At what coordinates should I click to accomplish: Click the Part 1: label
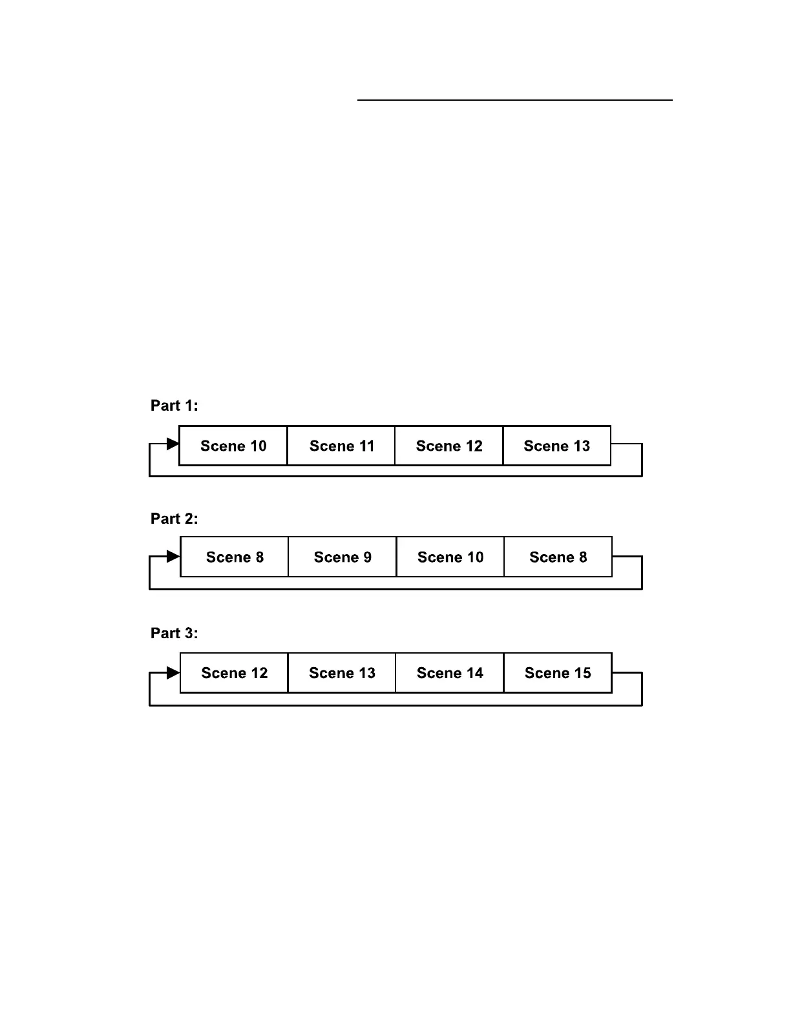[x=174, y=406]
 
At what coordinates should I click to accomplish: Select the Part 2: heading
[x=174, y=519]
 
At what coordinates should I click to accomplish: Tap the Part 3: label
[x=174, y=633]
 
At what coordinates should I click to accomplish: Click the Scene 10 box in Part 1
[x=233, y=446]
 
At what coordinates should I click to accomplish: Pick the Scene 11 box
[x=341, y=446]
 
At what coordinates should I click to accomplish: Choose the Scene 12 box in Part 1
[x=449, y=446]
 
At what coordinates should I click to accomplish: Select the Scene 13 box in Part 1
[x=556, y=446]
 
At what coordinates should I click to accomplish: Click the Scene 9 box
[x=343, y=557]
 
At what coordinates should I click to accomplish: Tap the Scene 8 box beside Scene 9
[x=235, y=557]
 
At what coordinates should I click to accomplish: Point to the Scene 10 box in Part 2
[x=450, y=557]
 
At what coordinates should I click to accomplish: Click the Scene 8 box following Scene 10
[x=558, y=557]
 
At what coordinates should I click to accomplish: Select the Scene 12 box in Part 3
[x=234, y=673]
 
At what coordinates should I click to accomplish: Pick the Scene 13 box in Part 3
[x=342, y=673]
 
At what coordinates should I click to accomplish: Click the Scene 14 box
[x=450, y=673]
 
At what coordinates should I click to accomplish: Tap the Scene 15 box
[x=558, y=673]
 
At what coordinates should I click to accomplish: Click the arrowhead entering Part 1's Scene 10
[x=173, y=444]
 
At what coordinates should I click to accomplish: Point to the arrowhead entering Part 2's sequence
[x=173, y=556]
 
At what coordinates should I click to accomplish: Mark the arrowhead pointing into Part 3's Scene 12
[x=173, y=673]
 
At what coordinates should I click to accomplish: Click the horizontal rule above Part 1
[x=514, y=100]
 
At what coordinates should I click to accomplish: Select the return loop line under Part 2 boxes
[x=395, y=589]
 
